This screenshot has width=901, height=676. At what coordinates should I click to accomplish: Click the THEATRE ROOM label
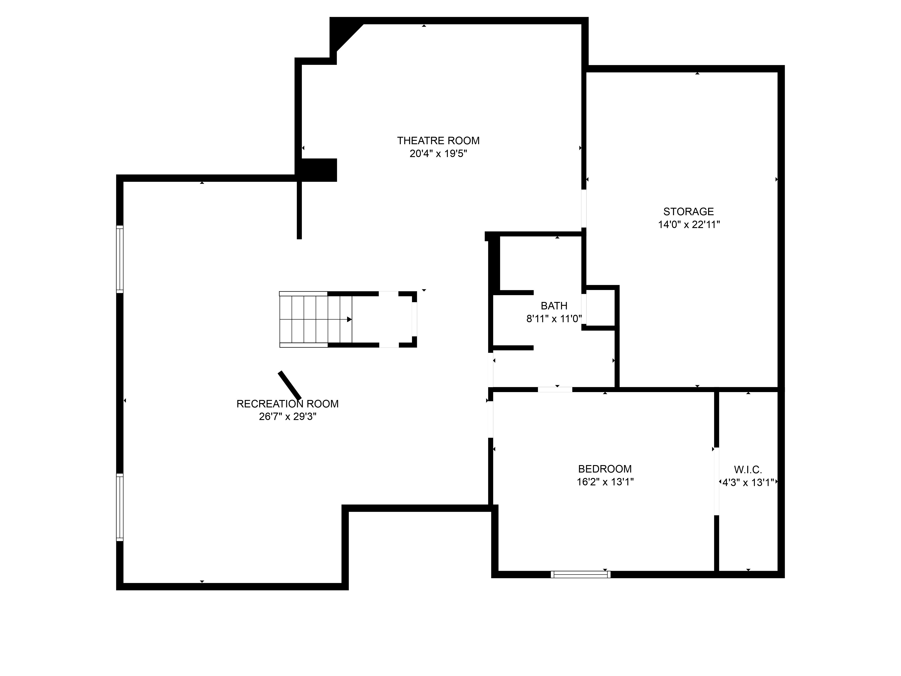tap(438, 141)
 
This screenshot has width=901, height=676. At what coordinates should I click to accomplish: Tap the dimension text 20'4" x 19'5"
tap(438, 154)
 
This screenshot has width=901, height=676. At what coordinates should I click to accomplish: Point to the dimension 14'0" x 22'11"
tap(689, 224)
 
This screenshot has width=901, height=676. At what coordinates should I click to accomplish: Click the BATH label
tap(554, 306)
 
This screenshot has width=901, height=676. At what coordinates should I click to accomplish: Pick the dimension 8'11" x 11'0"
tap(554, 319)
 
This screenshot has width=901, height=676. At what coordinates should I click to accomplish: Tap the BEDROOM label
tap(605, 469)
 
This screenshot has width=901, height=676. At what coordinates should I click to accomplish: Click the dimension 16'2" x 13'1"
tap(605, 482)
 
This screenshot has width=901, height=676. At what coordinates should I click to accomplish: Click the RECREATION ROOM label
tap(288, 404)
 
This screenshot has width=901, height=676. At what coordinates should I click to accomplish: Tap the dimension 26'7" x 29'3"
tap(288, 417)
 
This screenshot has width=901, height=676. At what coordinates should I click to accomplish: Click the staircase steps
tap(316, 320)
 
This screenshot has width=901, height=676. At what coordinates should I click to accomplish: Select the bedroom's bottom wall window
tap(580, 575)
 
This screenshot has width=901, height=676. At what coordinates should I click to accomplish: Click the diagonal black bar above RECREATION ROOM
tap(290, 386)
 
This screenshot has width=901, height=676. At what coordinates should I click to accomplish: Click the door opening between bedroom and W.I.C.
tap(717, 482)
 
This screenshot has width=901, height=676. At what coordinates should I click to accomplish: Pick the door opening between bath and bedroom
tap(555, 390)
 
